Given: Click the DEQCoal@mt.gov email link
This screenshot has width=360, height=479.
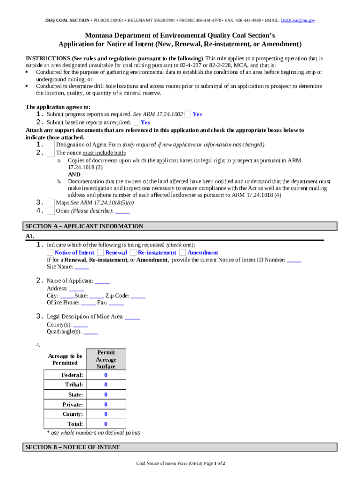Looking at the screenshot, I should coord(297,21).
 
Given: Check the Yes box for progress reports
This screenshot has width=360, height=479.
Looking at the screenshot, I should coord(187,114).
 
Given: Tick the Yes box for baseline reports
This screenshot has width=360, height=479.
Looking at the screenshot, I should coord(136,122).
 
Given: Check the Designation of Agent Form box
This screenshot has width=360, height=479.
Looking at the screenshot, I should coord(50,145).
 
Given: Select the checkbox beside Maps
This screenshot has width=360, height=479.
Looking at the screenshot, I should coord(50,203).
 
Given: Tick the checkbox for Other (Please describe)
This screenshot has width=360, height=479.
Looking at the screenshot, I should coord(50,210).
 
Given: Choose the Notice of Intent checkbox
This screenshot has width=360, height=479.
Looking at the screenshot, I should coord(50,253).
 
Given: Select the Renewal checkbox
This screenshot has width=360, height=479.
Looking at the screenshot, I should coord(101,253).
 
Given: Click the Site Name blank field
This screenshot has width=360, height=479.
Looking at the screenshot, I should coord(82,267).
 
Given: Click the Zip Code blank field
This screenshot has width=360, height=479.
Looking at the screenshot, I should coord(138,296).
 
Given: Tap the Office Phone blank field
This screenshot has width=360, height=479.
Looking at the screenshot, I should coord(88,303).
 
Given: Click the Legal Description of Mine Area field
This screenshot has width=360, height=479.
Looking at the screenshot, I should coord(132,317).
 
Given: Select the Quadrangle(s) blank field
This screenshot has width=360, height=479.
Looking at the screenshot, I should coord(91,332).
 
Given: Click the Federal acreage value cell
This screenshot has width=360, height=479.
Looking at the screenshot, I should coord(106,375).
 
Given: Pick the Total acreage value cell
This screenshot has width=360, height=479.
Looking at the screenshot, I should coord(106,424).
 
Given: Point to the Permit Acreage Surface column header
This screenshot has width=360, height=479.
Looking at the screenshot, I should coord(106,359).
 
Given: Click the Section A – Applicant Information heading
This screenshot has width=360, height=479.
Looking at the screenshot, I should coord(84,226).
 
